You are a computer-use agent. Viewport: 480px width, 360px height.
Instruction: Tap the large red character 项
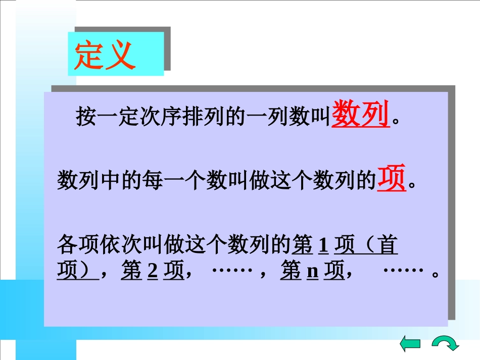tap(392, 179)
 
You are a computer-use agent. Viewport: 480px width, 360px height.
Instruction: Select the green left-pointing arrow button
tap(410, 344)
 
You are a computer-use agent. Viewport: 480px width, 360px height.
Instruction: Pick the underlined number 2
tap(153, 272)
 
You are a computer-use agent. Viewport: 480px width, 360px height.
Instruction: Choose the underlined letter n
tap(313, 272)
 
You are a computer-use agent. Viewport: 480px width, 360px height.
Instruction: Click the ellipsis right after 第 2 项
tap(232, 271)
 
